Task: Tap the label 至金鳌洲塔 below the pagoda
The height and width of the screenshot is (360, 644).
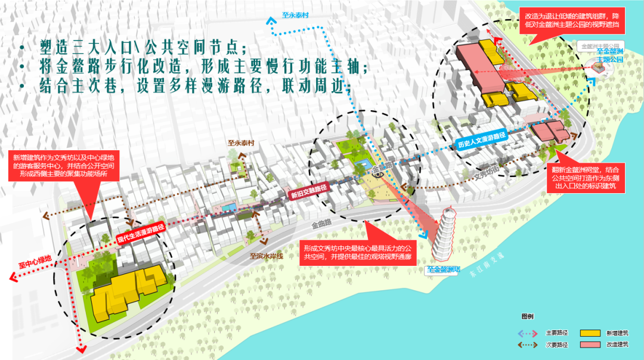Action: coord(444,269)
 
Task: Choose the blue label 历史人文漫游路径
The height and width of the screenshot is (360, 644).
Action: coord(481,141)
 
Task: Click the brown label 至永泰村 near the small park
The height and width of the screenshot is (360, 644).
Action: coord(241,143)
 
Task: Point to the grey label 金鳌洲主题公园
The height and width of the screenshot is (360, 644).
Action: coord(600,45)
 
